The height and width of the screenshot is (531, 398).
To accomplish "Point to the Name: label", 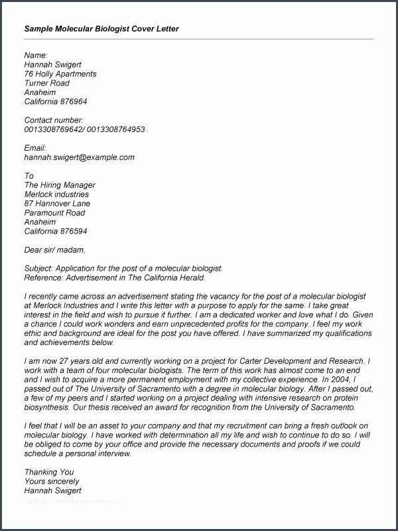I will click(36, 55).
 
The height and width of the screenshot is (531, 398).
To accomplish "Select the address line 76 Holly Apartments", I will click(60, 74).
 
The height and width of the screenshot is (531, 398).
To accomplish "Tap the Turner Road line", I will click(47, 83).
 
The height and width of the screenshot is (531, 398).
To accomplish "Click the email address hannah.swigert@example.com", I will click(80, 157).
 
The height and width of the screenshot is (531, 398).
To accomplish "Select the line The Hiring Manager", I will click(60, 185).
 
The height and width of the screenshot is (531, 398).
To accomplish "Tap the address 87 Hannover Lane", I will click(57, 204).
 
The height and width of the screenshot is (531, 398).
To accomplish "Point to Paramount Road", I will click(54, 213).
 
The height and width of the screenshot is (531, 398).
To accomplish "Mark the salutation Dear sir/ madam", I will click(55, 250).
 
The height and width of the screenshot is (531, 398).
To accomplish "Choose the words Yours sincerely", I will click(52, 481).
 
